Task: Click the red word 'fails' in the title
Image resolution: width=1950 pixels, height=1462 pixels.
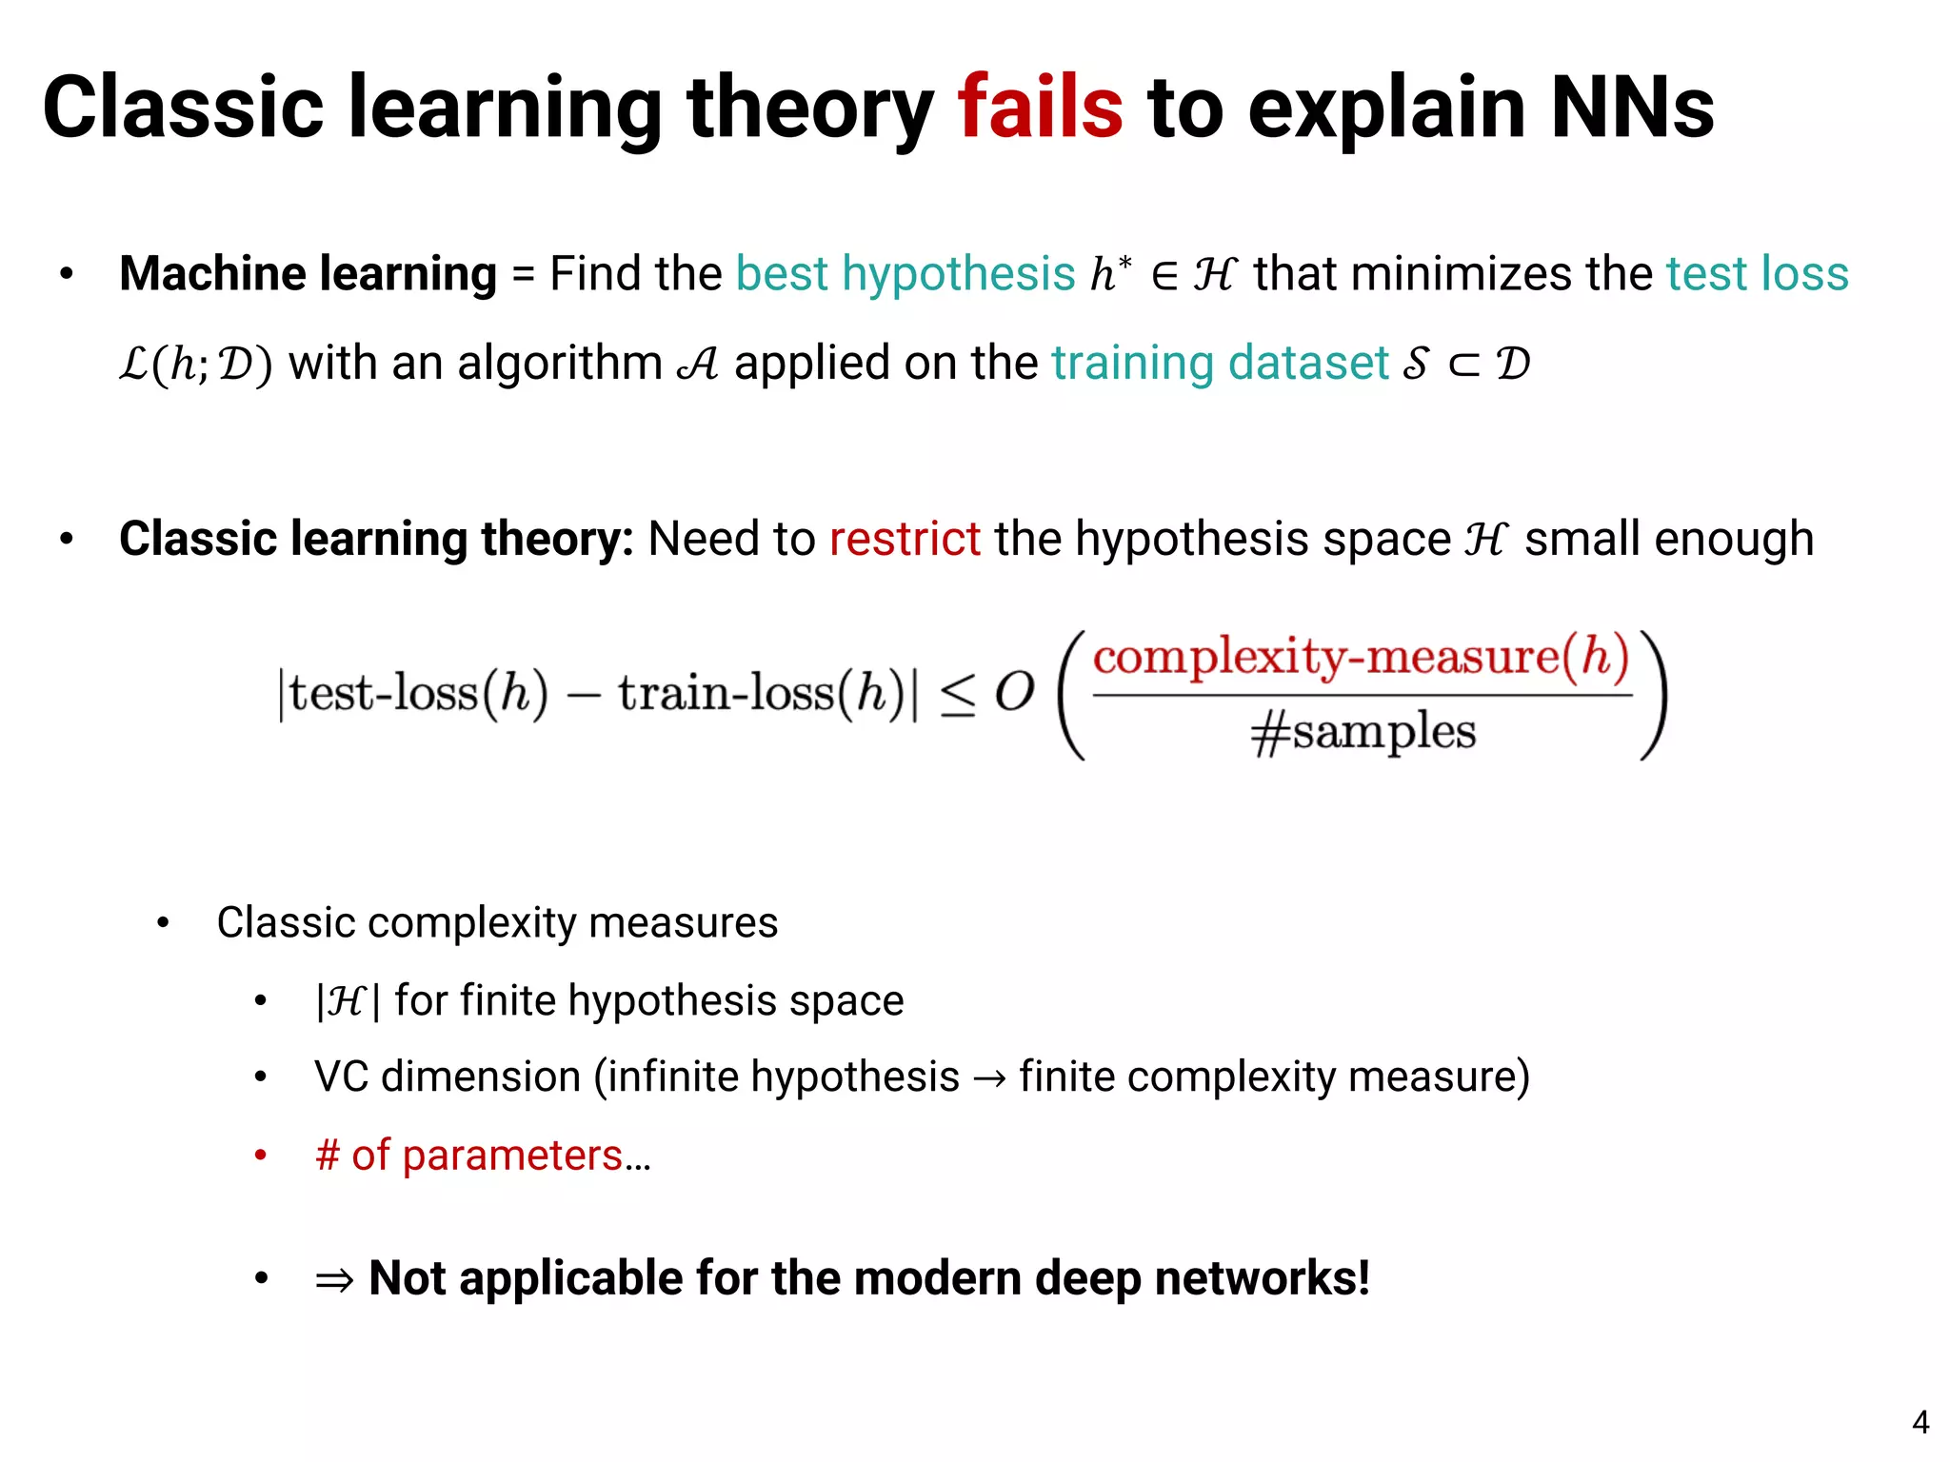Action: pos(1040,108)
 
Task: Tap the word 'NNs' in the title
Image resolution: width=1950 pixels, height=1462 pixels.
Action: pos(1632,108)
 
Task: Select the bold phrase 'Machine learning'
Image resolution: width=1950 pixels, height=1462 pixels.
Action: pos(308,274)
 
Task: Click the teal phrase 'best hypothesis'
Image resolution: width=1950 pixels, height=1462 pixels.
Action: pos(905,274)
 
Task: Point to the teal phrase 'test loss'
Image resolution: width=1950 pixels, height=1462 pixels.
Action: pos(1757,274)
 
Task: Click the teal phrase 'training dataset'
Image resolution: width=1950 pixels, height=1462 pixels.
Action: pos(1220,363)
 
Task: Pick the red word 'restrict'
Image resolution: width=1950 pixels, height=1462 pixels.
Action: pos(905,539)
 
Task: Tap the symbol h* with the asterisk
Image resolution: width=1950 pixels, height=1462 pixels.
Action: pos(1110,273)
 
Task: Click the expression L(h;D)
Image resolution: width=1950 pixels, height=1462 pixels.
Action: pos(196,364)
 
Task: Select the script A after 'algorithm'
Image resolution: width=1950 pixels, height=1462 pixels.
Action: pos(698,363)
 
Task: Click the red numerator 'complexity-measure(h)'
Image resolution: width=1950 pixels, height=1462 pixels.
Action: pos(1361,657)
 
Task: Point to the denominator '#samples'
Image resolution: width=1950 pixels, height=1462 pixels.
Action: pos(1363,733)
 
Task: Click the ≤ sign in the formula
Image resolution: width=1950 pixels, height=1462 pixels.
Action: pos(957,694)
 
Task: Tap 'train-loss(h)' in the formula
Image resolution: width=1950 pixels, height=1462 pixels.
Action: pos(762,693)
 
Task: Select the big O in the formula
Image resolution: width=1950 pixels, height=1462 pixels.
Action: pos(1015,692)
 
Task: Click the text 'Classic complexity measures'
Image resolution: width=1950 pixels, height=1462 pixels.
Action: pos(497,922)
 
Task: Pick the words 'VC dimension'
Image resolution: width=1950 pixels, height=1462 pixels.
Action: pos(448,1077)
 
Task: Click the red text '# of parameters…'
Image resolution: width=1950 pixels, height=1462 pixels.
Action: pos(483,1156)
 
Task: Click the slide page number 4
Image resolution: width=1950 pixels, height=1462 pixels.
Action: pos(1920,1422)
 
